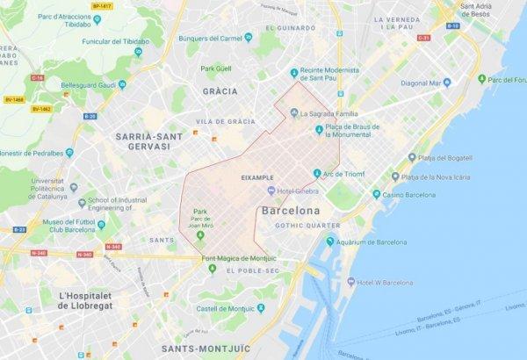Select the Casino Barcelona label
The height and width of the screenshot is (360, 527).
tap(411, 191)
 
